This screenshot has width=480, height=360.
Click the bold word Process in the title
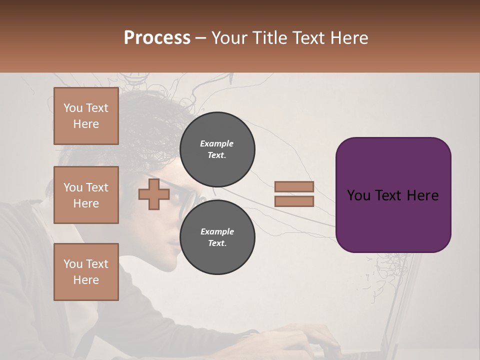click(x=157, y=38)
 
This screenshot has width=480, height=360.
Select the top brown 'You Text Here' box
click(x=86, y=116)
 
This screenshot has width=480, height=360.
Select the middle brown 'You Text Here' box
click(x=86, y=195)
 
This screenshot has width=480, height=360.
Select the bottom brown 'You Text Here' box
click(x=86, y=272)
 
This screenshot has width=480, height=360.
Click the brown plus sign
click(x=153, y=195)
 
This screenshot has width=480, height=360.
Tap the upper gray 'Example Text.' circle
click(x=217, y=149)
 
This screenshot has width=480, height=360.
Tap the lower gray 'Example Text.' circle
click(x=217, y=237)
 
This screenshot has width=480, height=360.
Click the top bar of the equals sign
click(x=294, y=187)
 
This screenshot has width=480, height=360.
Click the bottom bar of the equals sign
click(x=294, y=201)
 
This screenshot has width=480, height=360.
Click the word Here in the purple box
click(x=422, y=195)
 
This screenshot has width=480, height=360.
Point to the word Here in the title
click(x=349, y=38)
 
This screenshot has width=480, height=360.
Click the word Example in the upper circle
click(x=217, y=143)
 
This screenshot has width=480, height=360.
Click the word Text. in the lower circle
click(x=217, y=243)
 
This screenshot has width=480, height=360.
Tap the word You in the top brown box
click(x=72, y=108)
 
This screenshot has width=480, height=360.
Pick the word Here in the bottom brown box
click(x=86, y=280)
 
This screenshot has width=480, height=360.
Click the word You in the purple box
click(x=358, y=195)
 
